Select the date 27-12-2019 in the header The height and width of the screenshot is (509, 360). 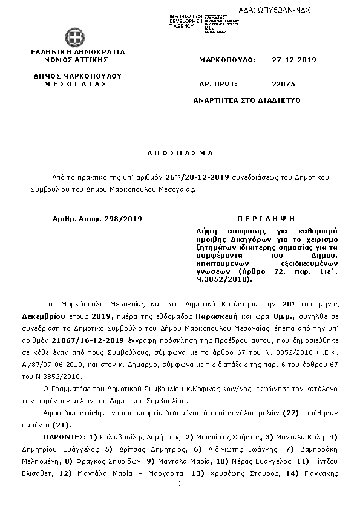tap(294, 60)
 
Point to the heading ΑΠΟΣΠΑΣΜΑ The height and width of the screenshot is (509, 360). tap(180, 154)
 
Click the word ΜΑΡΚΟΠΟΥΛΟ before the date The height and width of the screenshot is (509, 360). tap(227, 60)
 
